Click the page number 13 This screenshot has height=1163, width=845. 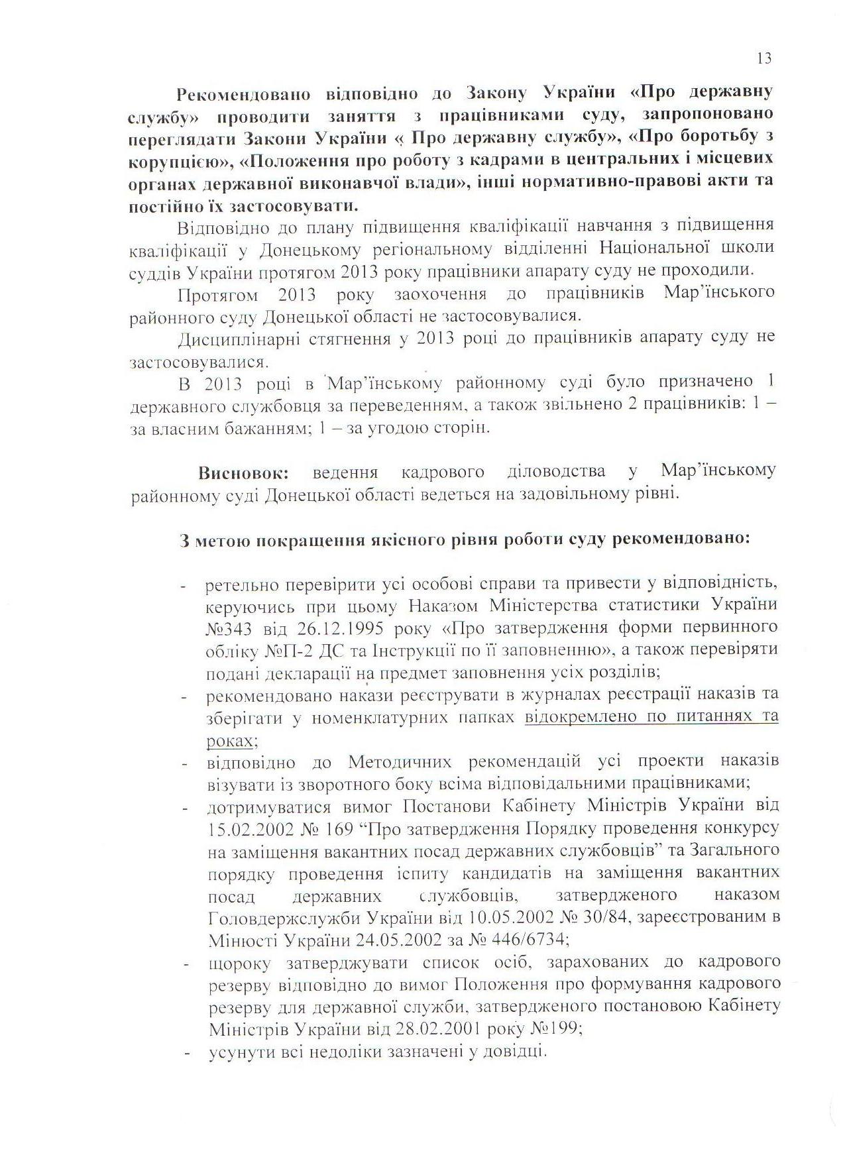[x=763, y=59]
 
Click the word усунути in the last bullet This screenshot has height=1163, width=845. [x=236, y=1052]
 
